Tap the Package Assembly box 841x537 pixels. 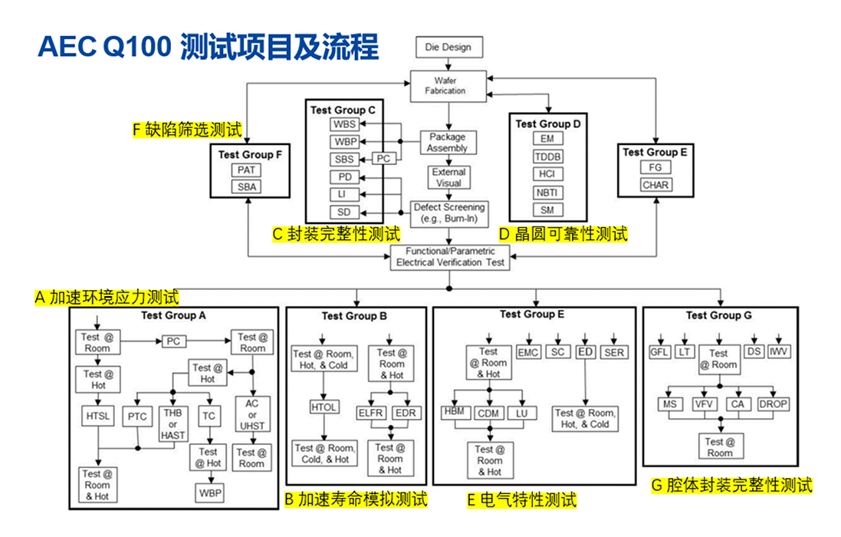(x=447, y=143)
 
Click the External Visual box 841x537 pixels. (x=448, y=177)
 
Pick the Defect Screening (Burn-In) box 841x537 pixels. (x=448, y=212)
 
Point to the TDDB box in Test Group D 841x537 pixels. (x=548, y=156)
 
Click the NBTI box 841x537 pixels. (x=548, y=192)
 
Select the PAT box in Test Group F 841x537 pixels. (x=246, y=170)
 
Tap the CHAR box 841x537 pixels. (x=655, y=184)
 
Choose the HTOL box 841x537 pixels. (x=324, y=407)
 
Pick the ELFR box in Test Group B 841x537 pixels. (x=371, y=413)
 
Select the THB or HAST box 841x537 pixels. (x=173, y=423)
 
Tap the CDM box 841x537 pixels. (x=488, y=413)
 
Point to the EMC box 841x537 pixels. (x=528, y=352)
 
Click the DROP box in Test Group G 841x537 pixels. (x=773, y=404)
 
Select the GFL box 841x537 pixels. (x=659, y=352)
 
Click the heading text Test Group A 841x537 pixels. (x=173, y=315)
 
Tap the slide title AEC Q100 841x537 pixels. (x=103, y=48)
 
